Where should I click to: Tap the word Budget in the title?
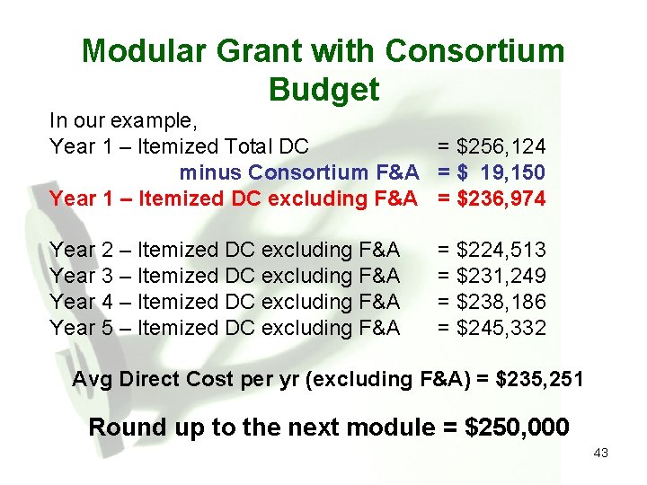[323, 89]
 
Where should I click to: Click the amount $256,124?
[501, 146]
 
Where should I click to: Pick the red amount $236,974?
[501, 198]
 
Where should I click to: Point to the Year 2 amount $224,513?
[501, 250]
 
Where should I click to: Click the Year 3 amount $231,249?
[501, 276]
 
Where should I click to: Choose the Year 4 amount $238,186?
[501, 302]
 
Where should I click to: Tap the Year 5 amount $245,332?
[501, 328]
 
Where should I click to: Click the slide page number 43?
[600, 454]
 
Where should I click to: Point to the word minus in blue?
[211, 172]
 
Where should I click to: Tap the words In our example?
[123, 120]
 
